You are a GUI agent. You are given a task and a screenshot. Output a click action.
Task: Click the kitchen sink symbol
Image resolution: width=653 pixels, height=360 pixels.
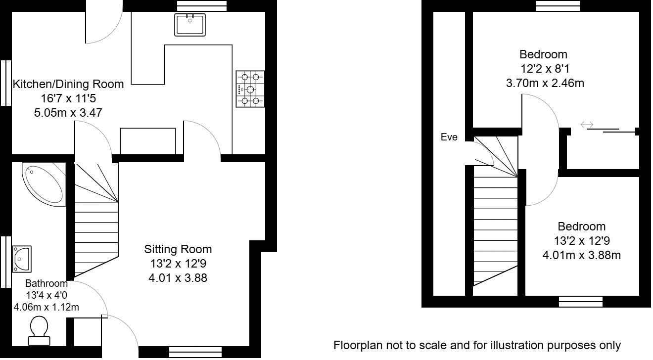(x=190, y=25)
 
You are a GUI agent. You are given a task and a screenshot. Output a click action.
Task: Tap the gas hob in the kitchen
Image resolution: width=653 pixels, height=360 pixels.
(x=250, y=89)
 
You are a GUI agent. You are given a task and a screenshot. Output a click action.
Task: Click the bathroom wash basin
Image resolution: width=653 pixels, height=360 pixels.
(x=22, y=258)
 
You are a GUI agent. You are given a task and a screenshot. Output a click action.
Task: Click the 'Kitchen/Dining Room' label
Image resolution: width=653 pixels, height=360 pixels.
(x=68, y=84)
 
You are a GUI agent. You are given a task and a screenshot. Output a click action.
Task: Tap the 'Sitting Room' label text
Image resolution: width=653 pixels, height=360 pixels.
(x=178, y=249)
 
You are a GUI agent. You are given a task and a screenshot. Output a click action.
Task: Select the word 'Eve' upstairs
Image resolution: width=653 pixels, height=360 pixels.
(x=449, y=137)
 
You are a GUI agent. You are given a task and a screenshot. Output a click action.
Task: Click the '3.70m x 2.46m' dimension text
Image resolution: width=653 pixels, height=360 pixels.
(x=545, y=83)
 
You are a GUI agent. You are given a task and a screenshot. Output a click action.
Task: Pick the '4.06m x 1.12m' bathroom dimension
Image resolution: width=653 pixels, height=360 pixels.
(x=47, y=307)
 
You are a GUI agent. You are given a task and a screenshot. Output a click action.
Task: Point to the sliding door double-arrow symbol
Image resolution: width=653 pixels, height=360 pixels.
(x=587, y=125)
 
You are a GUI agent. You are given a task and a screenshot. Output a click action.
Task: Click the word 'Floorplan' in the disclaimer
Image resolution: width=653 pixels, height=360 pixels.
(x=355, y=345)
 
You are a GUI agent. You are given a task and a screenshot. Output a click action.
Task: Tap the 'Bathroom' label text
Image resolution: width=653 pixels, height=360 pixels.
(x=46, y=284)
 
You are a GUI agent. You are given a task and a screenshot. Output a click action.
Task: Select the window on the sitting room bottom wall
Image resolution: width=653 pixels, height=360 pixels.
(x=190, y=352)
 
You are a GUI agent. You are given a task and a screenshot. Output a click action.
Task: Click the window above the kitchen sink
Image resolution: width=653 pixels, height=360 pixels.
(x=202, y=5)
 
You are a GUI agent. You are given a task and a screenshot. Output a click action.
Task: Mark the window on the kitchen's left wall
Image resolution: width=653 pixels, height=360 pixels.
(x=5, y=83)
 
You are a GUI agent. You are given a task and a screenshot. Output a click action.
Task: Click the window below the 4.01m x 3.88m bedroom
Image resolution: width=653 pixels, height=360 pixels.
(x=581, y=301)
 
